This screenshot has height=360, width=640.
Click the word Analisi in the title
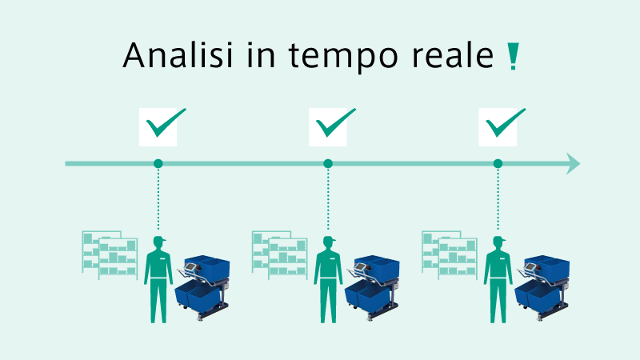pos(178,54)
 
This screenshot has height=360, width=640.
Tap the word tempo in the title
pos(343,57)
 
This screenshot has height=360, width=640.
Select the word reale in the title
pos(453,54)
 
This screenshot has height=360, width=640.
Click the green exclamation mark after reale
pos(513,56)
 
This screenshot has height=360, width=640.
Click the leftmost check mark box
pos(158,127)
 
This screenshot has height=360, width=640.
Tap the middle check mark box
pos(328,127)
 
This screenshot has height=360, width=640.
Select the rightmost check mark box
pos(498,127)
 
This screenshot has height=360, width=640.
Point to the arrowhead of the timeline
pos(573,164)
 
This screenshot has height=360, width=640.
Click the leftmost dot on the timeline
pos(158,164)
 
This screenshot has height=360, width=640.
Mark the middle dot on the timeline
pos(328,164)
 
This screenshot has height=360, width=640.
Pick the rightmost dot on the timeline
pos(498,164)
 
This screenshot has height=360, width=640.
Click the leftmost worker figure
pos(158,279)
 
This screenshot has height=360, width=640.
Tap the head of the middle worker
pos(328,243)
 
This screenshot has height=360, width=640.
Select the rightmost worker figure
pos(498,279)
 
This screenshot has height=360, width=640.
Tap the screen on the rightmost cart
pos(530,267)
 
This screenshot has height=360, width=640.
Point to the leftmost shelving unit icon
pos(110,255)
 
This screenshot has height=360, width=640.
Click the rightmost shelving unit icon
pos(450,255)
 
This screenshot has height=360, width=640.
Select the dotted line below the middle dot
pos(328,199)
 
